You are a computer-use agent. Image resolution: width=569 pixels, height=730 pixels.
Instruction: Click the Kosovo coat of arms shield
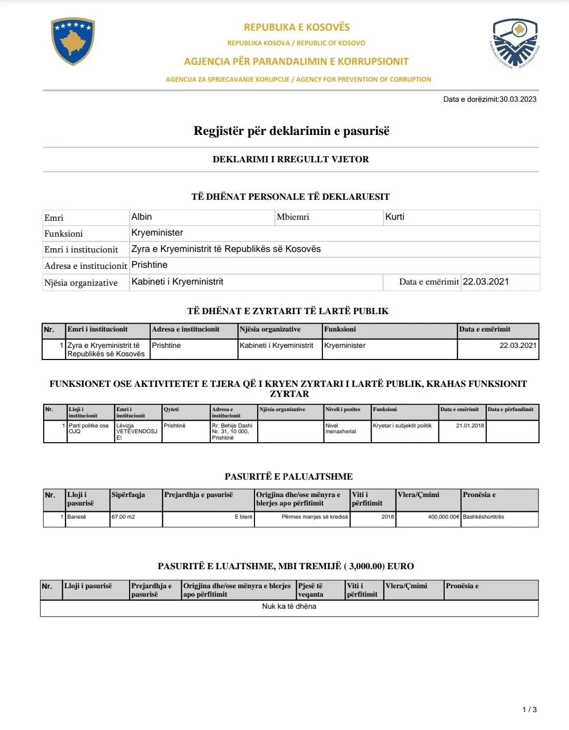tap(73, 41)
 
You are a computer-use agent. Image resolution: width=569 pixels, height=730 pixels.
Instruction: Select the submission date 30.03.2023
tap(518, 99)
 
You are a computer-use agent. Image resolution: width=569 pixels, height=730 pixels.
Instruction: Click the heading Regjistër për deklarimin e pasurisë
tap(291, 131)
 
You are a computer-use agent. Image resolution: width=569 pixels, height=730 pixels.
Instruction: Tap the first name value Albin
tap(142, 217)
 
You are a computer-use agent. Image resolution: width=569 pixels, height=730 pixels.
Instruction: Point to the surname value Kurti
tap(395, 217)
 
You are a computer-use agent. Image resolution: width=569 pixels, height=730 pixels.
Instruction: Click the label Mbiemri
tap(293, 217)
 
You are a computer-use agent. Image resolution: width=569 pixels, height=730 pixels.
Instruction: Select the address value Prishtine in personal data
tap(150, 265)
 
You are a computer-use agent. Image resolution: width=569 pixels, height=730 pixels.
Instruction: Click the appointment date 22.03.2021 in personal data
tap(486, 281)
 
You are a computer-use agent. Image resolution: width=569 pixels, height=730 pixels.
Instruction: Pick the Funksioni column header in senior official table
tap(340, 329)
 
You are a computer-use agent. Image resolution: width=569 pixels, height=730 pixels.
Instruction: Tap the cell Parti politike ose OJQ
tap(89, 429)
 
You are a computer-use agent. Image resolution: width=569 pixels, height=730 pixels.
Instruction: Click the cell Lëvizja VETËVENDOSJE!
tap(136, 431)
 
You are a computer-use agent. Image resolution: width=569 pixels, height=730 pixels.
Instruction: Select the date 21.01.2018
tap(470, 425)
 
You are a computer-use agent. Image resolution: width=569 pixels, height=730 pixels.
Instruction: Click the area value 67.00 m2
tap(123, 517)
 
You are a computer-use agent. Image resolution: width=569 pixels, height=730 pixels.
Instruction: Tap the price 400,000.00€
tap(444, 517)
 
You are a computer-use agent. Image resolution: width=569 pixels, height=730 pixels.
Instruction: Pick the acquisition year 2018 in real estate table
tap(388, 517)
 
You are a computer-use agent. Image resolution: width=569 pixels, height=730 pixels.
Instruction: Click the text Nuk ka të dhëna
tap(289, 607)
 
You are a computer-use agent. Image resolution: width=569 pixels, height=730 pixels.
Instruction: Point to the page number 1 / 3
tap(529, 709)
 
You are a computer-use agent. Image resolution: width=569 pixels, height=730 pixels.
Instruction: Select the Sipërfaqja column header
tap(128, 495)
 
